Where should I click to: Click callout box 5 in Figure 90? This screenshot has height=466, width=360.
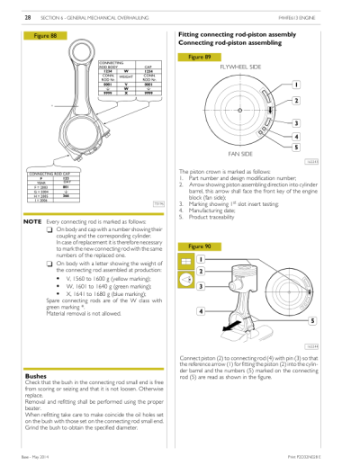click(311, 320)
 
